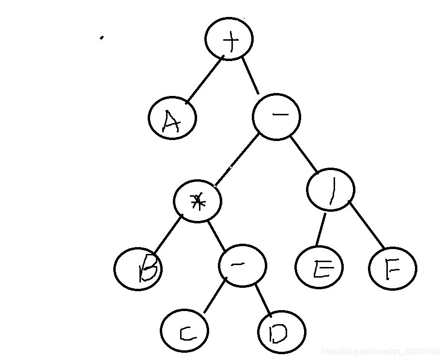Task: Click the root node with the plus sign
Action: (229, 39)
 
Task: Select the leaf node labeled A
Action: (172, 118)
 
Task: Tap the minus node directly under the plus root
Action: (276, 117)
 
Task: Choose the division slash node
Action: (331, 190)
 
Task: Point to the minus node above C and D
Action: (242, 266)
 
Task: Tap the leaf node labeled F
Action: (392, 269)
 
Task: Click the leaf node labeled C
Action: (184, 331)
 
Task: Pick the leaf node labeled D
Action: (282, 332)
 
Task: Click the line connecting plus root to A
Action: (204, 79)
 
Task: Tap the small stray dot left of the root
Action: (101, 37)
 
